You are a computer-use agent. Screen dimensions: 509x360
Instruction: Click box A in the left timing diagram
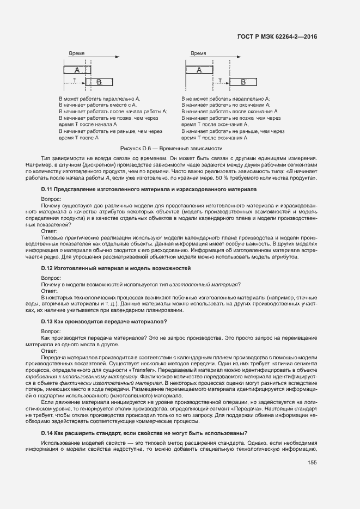pyautogui.click(x=77, y=70)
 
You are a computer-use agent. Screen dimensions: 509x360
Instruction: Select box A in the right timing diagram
pyautogui.click(x=200, y=70)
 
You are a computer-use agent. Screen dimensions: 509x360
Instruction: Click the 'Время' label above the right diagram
pyautogui.click(x=198, y=54)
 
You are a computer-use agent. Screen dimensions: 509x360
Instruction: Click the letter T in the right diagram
pyautogui.click(x=219, y=80)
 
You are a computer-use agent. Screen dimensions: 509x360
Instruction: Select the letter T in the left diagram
pyautogui.click(x=74, y=80)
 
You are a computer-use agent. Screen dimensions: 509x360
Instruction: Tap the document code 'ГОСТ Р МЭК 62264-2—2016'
pyautogui.click(x=277, y=36)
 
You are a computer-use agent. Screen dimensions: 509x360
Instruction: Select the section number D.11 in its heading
pyautogui.click(x=49, y=188)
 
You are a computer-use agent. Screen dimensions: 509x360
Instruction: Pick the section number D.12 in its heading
pyautogui.click(x=49, y=268)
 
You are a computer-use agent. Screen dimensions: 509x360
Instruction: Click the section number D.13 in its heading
pyautogui.click(x=49, y=322)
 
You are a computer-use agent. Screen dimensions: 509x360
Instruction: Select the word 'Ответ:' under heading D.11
pyautogui.click(x=50, y=231)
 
